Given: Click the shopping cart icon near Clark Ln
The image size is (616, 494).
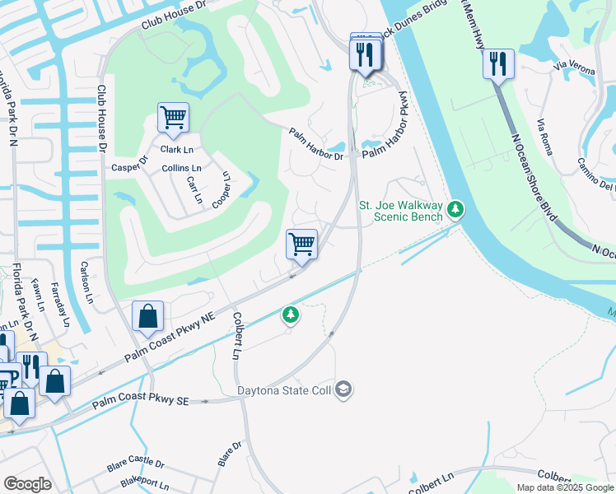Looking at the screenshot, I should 173,118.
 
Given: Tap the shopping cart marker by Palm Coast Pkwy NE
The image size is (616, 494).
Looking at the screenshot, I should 302,245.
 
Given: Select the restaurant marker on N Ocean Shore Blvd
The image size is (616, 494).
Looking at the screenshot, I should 498,63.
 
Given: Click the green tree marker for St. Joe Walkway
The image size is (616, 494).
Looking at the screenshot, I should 455,212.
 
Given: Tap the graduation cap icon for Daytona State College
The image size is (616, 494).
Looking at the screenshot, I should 344,389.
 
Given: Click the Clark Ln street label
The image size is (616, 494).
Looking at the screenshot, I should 176,150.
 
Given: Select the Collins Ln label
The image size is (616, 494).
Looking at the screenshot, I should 181,169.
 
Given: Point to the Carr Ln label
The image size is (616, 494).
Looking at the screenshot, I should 194,189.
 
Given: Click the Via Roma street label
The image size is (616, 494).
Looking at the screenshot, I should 545,137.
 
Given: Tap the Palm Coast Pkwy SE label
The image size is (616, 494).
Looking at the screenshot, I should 141,402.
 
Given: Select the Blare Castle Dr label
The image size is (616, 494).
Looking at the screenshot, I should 136,466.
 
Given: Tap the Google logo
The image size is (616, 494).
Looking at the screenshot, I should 27,484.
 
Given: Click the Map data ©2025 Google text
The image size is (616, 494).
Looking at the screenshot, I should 564,487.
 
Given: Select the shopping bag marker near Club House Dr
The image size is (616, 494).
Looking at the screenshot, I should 147,316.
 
